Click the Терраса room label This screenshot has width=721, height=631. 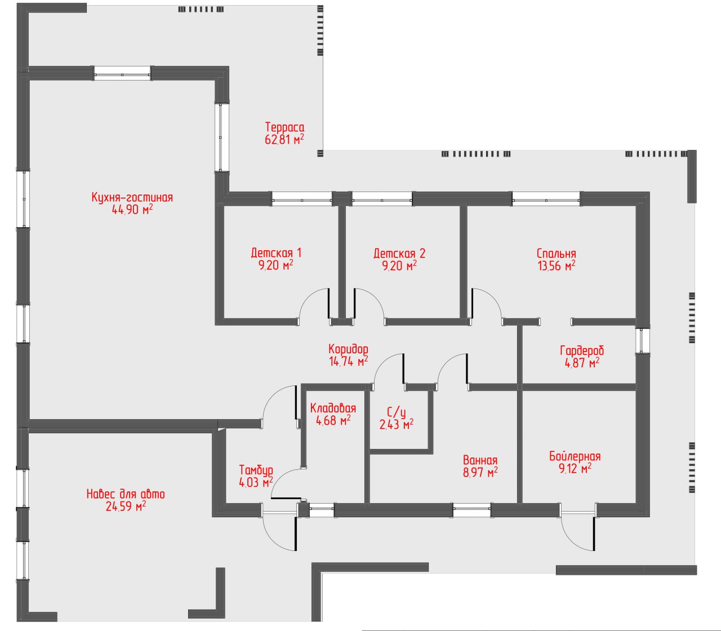284,127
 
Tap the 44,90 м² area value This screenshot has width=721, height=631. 132,210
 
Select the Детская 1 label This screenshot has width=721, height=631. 276,253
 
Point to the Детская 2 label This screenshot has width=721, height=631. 399,253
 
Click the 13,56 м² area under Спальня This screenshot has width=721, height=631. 557,265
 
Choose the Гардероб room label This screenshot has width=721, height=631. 582,350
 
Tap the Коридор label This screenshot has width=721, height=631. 348,349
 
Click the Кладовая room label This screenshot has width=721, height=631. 333,408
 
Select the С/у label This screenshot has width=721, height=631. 396,412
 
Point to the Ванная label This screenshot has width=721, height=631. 480,460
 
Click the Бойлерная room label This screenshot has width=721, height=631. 575,456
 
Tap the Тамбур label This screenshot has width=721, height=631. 256,470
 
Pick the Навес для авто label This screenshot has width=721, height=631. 126,494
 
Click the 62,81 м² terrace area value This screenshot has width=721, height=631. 284,139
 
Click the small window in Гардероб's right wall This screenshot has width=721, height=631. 642,340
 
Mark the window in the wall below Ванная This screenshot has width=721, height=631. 471,509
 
